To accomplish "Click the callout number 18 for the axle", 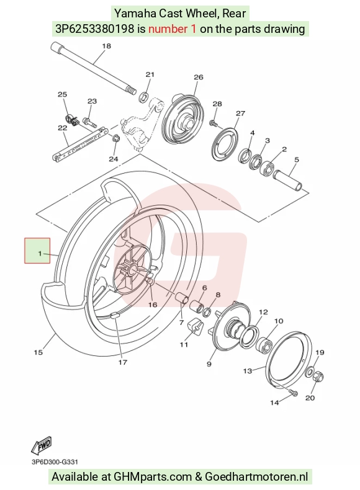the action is click(107, 46).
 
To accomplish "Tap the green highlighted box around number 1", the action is click(37, 251).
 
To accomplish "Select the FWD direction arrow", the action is click(42, 445).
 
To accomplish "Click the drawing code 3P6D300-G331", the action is click(55, 462).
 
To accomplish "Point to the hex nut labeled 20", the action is click(318, 376).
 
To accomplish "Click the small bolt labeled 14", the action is click(294, 393).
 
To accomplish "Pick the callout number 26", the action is click(199, 77).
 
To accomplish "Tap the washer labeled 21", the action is click(143, 97).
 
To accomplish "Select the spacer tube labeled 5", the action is click(288, 180).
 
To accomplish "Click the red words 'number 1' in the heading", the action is click(173, 29).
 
